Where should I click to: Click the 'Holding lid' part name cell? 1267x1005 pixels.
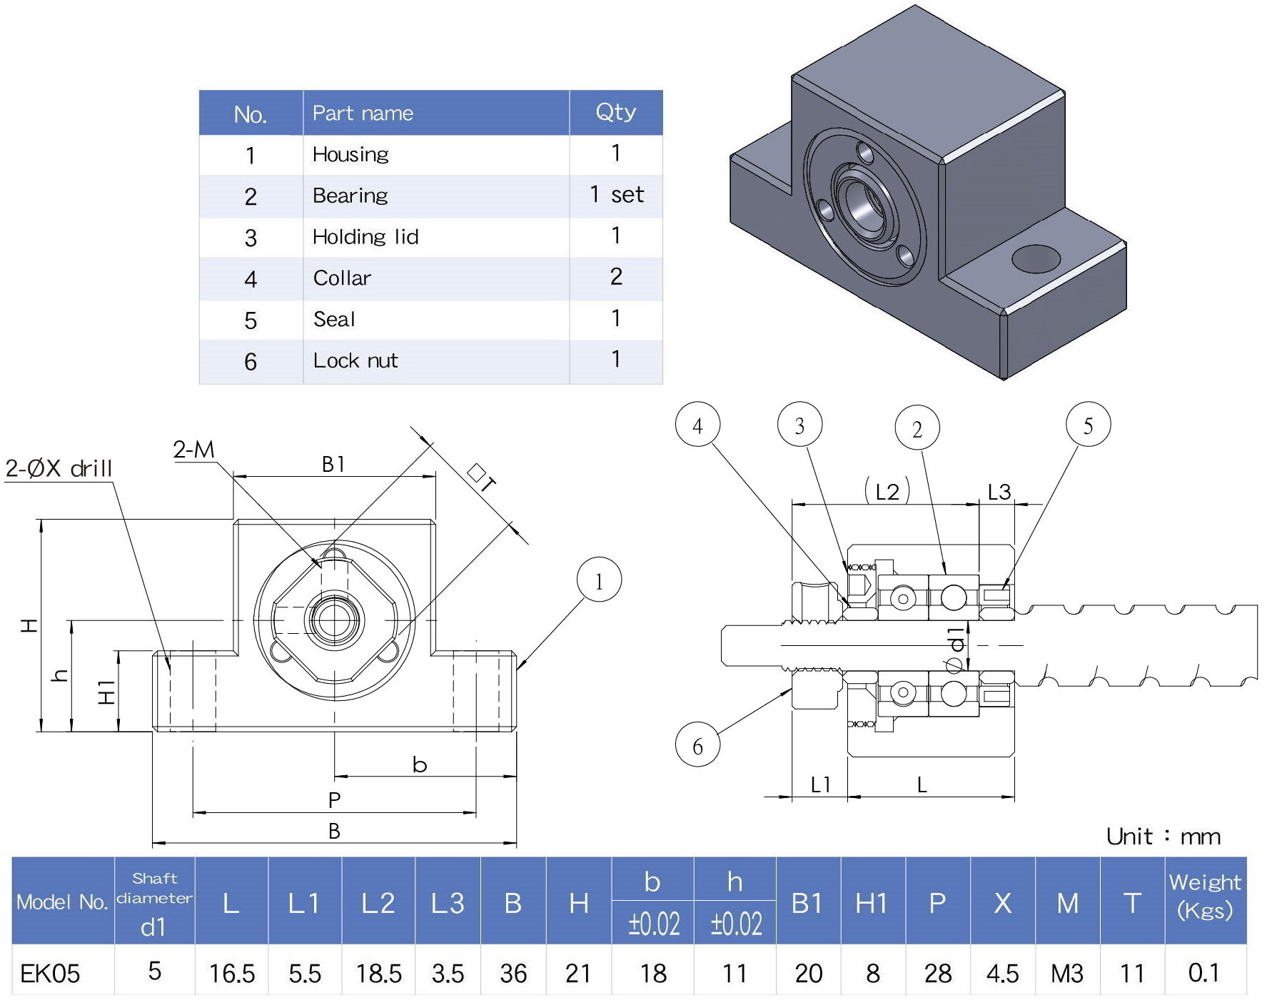click(365, 237)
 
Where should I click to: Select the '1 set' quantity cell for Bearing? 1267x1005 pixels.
click(617, 195)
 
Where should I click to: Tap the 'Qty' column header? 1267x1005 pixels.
click(615, 112)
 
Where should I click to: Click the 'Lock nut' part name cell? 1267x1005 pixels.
click(355, 360)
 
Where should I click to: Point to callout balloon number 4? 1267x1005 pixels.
click(697, 425)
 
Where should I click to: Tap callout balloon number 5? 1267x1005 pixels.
click(1088, 425)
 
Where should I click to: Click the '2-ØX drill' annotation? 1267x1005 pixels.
click(59, 469)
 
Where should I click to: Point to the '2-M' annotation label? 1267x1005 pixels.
click(193, 450)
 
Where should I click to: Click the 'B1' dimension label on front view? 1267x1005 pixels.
click(333, 465)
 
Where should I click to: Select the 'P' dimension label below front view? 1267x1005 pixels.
click(334, 800)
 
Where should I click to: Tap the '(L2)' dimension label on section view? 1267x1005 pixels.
click(887, 491)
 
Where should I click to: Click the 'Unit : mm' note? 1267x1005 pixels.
click(1163, 837)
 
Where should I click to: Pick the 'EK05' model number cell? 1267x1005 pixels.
click(50, 974)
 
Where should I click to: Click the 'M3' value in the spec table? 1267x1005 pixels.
click(1067, 974)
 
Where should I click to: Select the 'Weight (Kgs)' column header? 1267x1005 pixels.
click(1205, 897)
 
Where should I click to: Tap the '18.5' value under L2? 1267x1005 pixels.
click(378, 974)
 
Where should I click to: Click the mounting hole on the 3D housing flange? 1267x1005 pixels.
click(1036, 259)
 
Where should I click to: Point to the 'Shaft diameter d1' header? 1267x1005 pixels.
click(154, 902)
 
